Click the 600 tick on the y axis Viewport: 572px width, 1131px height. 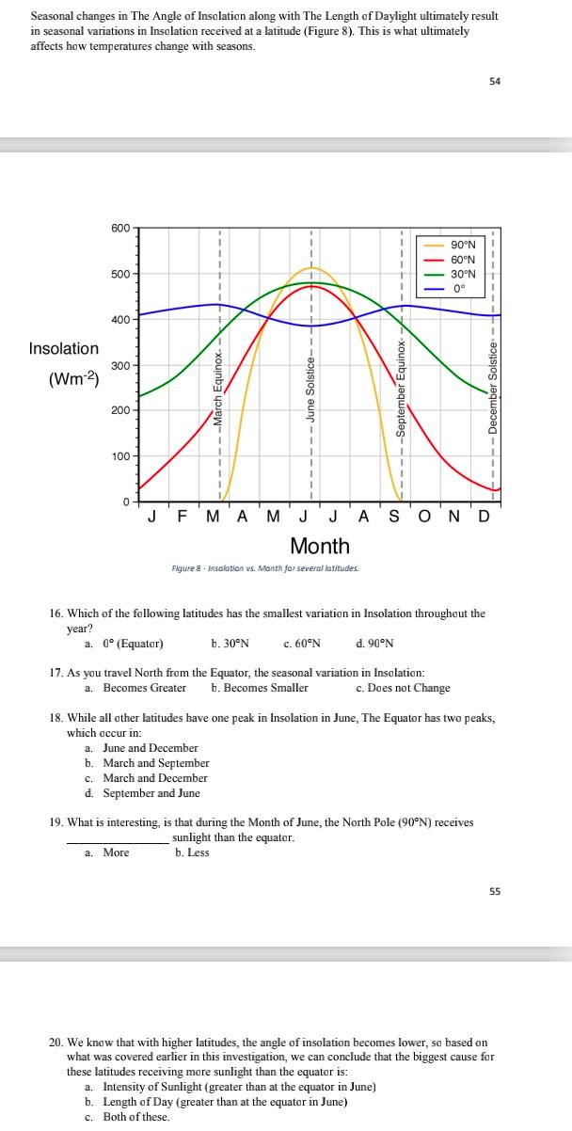(121, 229)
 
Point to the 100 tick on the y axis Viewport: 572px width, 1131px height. (121, 456)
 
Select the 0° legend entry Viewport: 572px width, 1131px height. (459, 289)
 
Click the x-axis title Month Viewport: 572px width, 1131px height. (320, 546)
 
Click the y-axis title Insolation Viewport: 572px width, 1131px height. (64, 349)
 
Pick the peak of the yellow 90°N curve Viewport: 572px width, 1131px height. (311, 268)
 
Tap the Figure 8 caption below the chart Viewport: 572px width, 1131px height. (264, 568)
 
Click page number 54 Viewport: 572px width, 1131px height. (495, 82)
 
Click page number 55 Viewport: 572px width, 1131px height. (495, 891)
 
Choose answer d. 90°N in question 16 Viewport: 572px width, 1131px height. (375, 644)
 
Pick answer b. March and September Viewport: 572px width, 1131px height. (147, 763)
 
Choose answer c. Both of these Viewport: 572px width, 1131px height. (127, 1117)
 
